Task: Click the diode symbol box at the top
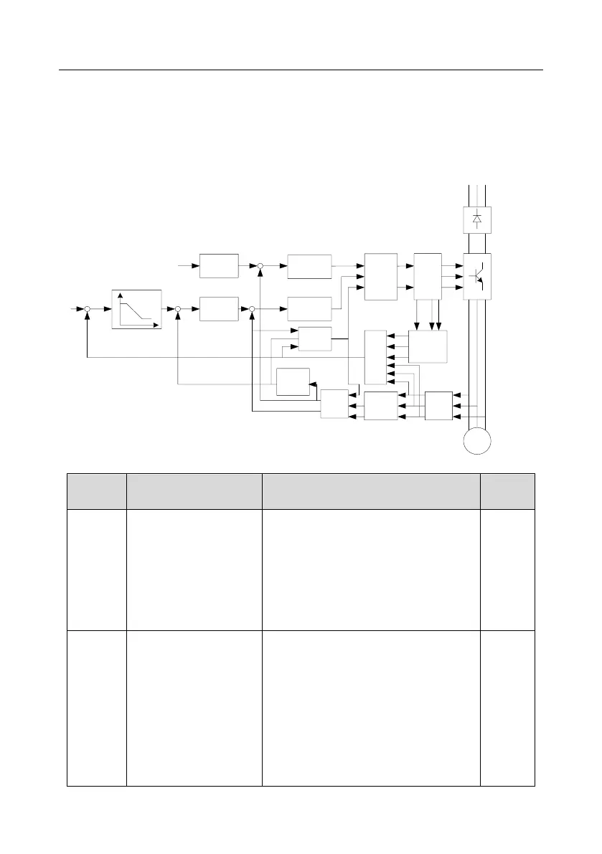tap(477, 219)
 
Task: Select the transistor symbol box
tap(477, 276)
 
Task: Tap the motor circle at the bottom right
tap(477, 438)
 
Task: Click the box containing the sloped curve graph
tap(137, 310)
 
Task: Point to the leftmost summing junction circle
tap(87, 309)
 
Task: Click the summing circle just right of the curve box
tap(178, 309)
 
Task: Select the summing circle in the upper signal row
tap(260, 266)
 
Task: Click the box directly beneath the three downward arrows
tap(428, 348)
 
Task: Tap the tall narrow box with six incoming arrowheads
tap(375, 358)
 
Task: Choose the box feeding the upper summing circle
tap(219, 265)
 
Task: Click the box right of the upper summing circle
tap(309, 265)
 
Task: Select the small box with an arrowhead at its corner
tap(293, 381)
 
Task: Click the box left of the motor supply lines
tap(438, 406)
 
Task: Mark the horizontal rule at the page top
tap(301, 70)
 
